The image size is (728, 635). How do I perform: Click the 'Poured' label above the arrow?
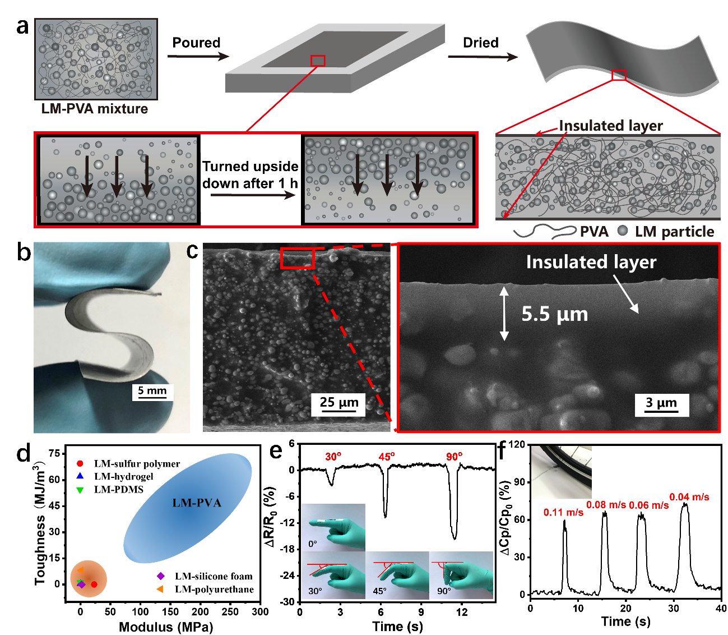coord(196,43)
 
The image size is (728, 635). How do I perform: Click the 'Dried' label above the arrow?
coord(480,43)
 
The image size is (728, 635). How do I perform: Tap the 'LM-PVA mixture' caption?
coord(95,109)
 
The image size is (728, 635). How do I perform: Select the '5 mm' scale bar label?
coord(152,390)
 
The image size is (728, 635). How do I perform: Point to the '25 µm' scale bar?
coord(339,411)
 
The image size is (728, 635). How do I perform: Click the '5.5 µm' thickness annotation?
coord(554,314)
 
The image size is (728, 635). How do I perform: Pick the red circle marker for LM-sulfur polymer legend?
coord(80,464)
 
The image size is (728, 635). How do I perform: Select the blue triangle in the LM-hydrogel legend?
coord(80,476)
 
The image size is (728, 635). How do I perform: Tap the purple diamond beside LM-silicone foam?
coord(160,576)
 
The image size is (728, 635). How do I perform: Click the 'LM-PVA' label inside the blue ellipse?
coord(197,503)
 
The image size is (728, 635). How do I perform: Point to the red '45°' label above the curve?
coord(387,457)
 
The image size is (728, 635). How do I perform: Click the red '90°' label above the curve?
coord(455,457)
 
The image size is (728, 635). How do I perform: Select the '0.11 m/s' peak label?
coord(563,513)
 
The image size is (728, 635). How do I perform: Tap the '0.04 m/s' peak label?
coord(689,497)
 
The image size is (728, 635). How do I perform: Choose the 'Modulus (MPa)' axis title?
coord(166,627)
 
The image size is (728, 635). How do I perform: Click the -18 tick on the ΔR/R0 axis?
coord(287,549)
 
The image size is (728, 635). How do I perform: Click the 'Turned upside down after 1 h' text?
coord(251,175)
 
